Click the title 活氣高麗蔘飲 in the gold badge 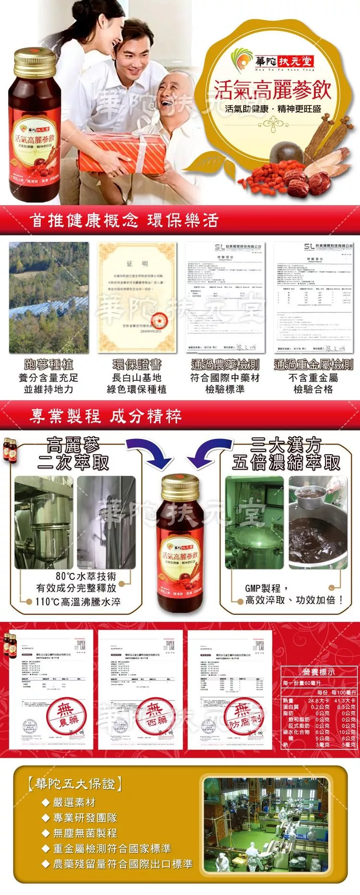(272, 90)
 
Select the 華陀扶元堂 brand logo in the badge (272, 61)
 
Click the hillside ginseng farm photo (49, 297)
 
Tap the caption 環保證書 (137, 364)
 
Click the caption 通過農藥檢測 (225, 364)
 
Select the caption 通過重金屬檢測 (313, 364)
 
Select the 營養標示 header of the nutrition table (319, 672)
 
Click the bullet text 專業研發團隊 (85, 818)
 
